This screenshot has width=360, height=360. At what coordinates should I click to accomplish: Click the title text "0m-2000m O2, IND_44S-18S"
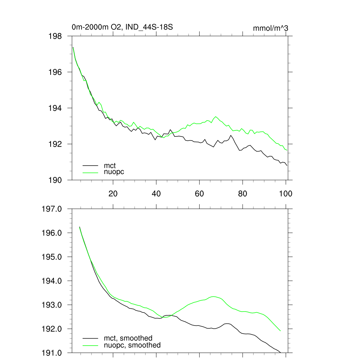(x=122, y=27)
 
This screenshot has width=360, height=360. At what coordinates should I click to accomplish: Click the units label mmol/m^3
(x=270, y=28)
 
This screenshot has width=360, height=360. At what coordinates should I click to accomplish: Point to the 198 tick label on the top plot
(x=55, y=36)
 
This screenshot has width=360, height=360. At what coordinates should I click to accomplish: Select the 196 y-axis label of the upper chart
(x=55, y=72)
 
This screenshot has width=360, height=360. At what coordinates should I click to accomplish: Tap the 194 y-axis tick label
(x=55, y=108)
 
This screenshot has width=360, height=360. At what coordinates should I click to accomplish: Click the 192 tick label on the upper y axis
(x=55, y=144)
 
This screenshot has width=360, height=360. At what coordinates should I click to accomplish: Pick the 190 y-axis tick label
(x=55, y=180)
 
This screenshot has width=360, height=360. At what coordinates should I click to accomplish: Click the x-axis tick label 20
(x=113, y=194)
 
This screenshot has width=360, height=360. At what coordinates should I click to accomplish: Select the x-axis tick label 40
(x=156, y=194)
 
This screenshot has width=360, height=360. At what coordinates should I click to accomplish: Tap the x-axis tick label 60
(x=199, y=194)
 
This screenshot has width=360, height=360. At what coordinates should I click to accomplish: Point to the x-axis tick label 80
(x=243, y=194)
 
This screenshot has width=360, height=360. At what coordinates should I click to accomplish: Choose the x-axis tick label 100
(x=285, y=194)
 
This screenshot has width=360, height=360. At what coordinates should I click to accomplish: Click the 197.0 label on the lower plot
(x=52, y=209)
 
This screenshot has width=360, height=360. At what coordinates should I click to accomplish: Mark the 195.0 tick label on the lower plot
(x=52, y=257)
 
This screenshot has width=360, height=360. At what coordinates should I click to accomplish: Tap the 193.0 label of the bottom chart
(x=52, y=305)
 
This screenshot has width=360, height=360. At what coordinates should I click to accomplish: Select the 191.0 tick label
(x=52, y=353)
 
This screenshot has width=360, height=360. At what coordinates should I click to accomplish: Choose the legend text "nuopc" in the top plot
(x=114, y=172)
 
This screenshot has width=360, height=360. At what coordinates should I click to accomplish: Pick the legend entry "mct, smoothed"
(x=128, y=338)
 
